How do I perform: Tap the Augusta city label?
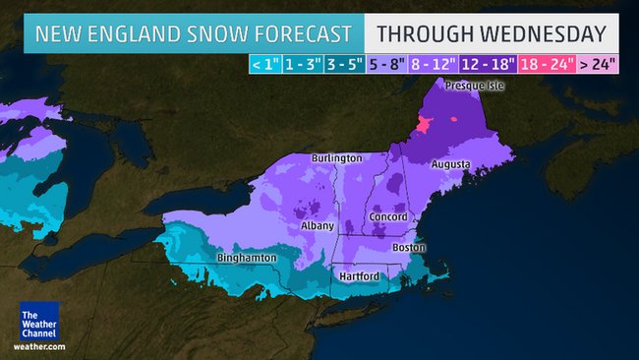click(451, 163)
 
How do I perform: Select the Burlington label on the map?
click(336, 157)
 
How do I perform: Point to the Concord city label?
click(387, 216)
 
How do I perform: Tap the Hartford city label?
click(359, 276)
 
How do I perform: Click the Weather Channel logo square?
click(39, 321)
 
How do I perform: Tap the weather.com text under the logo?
click(39, 346)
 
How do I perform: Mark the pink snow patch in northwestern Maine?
click(425, 126)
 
